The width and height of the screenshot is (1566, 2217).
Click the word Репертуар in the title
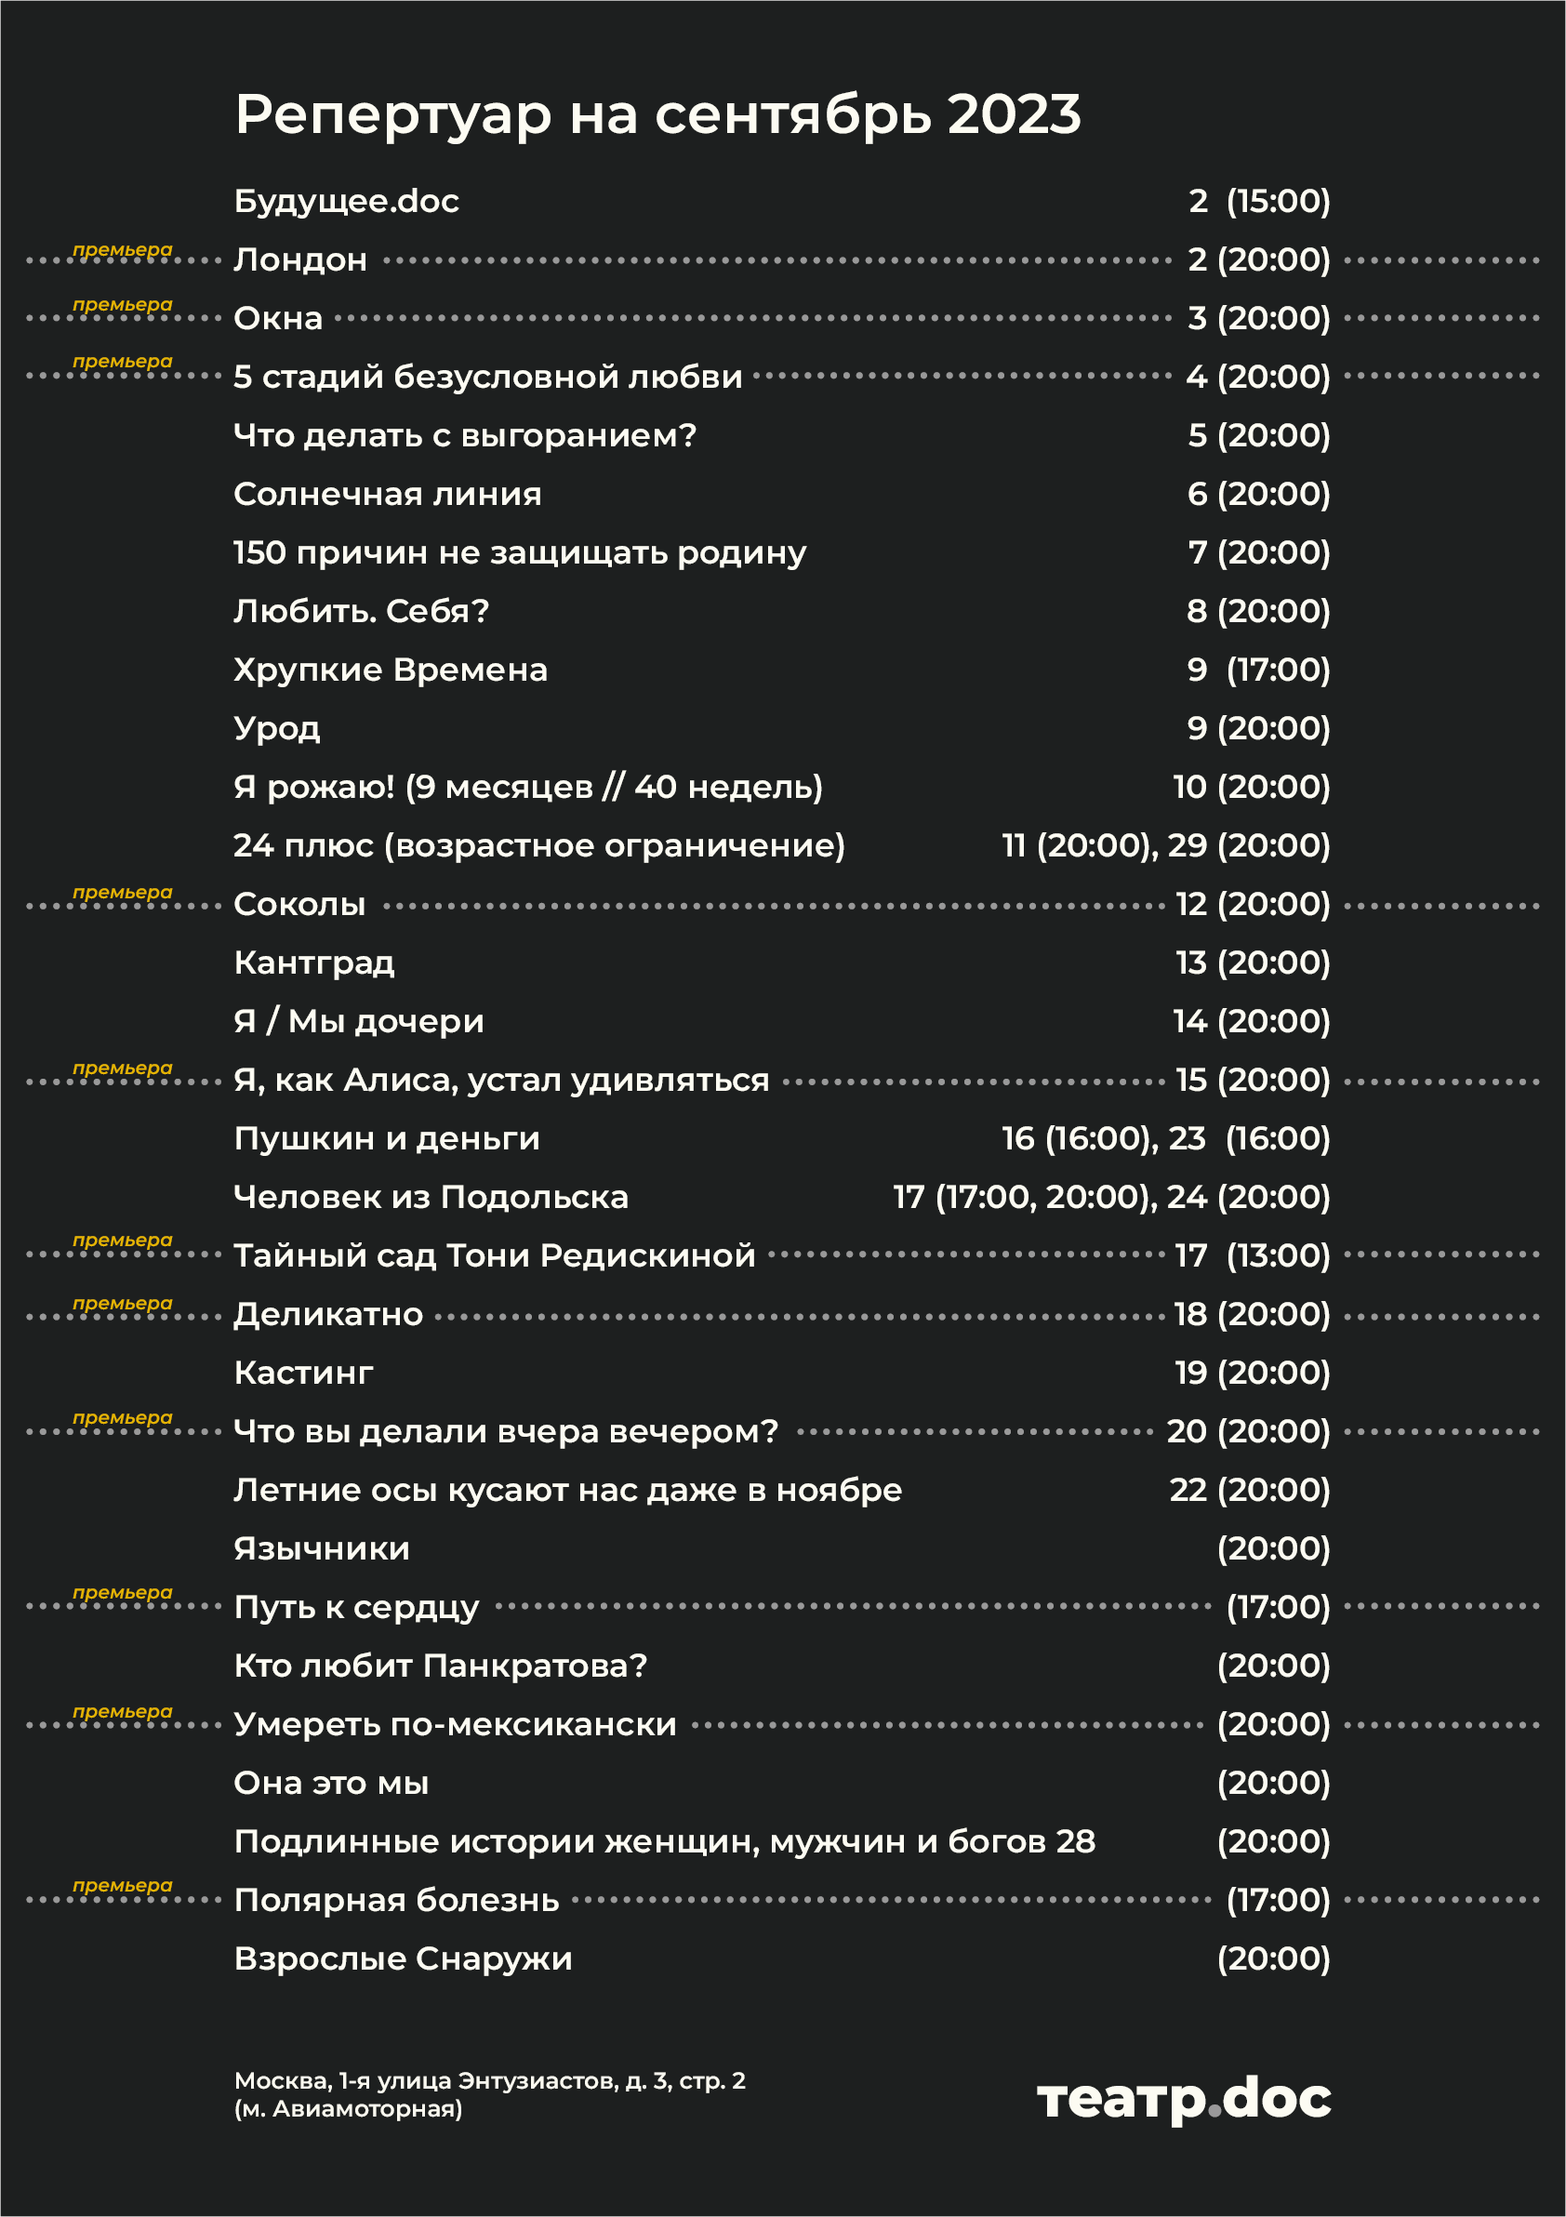tap(393, 116)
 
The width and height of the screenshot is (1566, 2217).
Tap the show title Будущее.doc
tap(346, 201)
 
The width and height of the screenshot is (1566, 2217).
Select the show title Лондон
tap(300, 259)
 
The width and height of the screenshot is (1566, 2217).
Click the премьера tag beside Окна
tap(123, 305)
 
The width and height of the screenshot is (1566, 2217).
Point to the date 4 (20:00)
tap(1258, 377)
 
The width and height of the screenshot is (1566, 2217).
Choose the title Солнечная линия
tap(387, 495)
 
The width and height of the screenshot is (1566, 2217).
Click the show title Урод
tap(277, 729)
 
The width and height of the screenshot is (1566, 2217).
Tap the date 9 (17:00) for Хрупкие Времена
tap(1258, 670)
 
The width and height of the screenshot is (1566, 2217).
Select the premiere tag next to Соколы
tap(123, 893)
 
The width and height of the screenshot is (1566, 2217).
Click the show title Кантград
tap(313, 962)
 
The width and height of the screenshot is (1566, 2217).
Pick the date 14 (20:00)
tap(1252, 1022)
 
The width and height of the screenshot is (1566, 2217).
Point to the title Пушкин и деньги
tap(386, 1139)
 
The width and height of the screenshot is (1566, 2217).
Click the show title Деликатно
tap(328, 1315)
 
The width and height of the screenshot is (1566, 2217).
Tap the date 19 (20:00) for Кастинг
tap(1253, 1374)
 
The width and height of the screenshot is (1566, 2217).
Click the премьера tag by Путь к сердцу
tap(123, 1593)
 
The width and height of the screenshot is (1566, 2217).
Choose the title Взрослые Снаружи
tap(403, 1959)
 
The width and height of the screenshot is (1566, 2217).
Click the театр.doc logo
tap(1184, 2099)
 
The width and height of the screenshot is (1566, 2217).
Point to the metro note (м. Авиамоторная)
tap(348, 2110)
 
